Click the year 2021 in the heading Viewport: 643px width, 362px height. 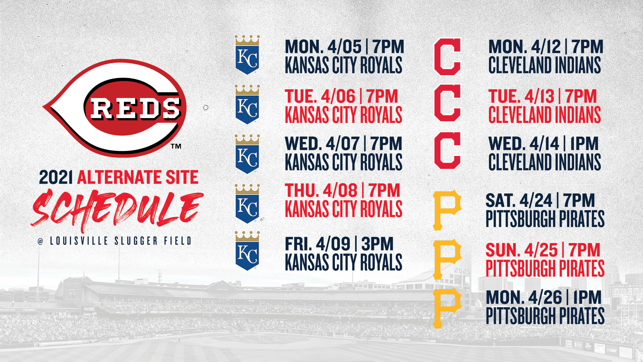(56, 177)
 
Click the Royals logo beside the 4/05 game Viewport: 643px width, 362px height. (247, 55)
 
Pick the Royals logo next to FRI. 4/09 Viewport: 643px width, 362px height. (247, 251)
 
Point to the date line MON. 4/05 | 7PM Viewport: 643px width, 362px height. (345, 47)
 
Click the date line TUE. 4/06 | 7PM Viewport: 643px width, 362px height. (341, 96)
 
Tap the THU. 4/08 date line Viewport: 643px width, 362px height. (342, 190)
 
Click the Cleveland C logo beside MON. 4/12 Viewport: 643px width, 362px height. (447, 57)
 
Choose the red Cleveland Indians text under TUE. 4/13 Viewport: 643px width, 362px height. (545, 115)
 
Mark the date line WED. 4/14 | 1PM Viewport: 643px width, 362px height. (543, 143)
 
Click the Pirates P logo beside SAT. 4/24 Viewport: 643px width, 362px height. (447, 210)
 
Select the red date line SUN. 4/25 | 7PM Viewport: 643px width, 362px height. (543, 250)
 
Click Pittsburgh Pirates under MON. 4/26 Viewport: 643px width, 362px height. (545, 316)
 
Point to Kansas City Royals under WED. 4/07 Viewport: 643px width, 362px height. (344, 162)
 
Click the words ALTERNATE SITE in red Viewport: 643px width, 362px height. (138, 177)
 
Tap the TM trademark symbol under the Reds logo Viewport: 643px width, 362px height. (176, 146)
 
